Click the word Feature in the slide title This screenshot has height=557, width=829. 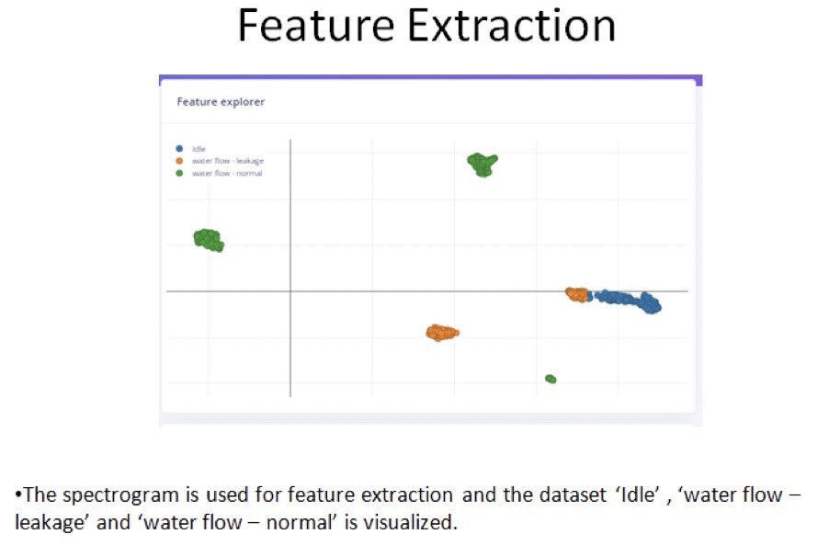click(316, 26)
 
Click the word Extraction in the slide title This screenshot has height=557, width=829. click(512, 26)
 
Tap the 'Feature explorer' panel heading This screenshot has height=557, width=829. click(221, 101)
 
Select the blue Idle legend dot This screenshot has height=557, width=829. click(179, 149)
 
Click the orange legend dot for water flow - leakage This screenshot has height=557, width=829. click(179, 161)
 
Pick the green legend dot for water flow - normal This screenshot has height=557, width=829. click(179, 173)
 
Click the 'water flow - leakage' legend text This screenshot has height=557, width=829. click(228, 161)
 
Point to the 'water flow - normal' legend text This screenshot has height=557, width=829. click(227, 173)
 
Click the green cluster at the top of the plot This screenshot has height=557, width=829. click(482, 164)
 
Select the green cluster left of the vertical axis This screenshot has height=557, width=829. click(209, 240)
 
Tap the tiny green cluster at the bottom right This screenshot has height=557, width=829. click(551, 379)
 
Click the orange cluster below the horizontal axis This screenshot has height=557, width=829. click(442, 332)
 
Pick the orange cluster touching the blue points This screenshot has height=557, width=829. click(577, 295)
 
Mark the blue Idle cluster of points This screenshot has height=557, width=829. click(627, 301)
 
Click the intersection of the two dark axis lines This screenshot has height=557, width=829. click(290, 291)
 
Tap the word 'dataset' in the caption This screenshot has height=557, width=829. click(573, 494)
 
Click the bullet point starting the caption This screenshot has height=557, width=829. click(18, 495)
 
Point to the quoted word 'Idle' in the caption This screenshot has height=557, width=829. click(638, 494)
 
